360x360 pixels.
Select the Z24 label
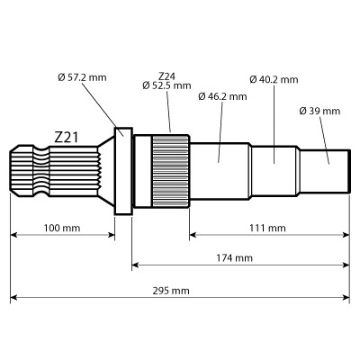pos(166,76)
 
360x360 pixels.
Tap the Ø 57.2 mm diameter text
pos(81,78)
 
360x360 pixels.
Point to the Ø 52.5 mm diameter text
pos(166,86)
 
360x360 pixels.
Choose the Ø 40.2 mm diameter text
pos(274,79)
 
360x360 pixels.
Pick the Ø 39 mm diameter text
pos(319,111)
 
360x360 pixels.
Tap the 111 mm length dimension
pos(267,229)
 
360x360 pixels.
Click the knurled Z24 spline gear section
pos(169,170)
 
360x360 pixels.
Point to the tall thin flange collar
pos(123,170)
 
